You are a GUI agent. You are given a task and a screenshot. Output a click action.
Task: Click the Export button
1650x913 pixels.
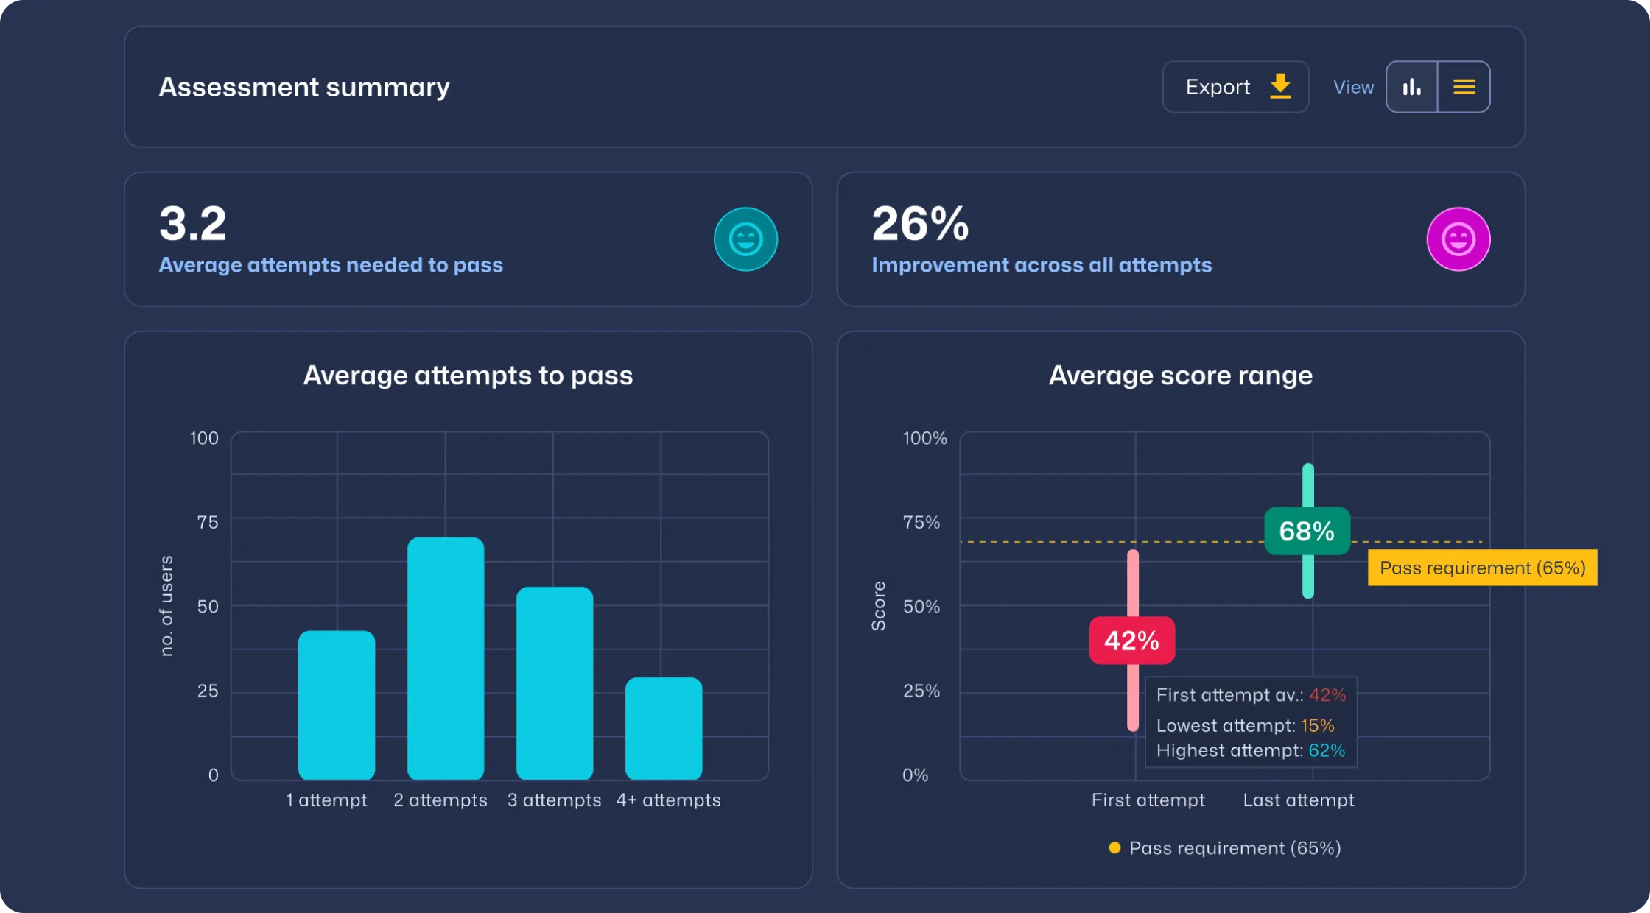1235,87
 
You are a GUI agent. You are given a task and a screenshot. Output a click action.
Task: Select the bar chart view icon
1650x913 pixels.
1411,87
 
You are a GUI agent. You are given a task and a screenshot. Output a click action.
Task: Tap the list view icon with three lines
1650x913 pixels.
1464,87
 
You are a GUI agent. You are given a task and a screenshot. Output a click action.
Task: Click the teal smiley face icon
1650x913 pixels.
745,239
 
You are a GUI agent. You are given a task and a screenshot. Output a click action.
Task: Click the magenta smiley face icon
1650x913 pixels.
1458,239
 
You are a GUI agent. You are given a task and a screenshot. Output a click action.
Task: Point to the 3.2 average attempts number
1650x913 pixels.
193,224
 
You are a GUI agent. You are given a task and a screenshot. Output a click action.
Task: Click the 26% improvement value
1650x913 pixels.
920,224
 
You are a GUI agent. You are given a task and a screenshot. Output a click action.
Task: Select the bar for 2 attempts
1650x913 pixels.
446,658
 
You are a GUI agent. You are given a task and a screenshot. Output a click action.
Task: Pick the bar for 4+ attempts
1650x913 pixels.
664,728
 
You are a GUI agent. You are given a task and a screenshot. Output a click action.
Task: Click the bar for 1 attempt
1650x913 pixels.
337,705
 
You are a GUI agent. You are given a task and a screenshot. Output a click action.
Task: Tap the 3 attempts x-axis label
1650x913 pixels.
554,800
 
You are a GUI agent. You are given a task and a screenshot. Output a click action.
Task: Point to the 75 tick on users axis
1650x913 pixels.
208,522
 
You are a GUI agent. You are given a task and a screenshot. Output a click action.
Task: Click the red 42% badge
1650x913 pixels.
1131,641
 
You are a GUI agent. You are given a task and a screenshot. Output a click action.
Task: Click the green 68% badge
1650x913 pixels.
1307,531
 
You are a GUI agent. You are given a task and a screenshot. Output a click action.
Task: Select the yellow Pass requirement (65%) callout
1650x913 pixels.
1482,568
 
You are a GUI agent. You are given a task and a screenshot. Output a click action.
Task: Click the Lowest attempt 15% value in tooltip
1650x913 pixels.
1317,725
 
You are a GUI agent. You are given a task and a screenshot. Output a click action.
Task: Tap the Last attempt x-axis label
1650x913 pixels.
1298,800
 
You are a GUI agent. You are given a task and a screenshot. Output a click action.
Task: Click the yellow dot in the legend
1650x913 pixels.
1114,848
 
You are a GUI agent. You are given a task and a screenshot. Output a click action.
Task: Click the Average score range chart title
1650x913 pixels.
1180,376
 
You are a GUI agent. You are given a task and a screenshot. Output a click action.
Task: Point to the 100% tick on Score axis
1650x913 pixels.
924,438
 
